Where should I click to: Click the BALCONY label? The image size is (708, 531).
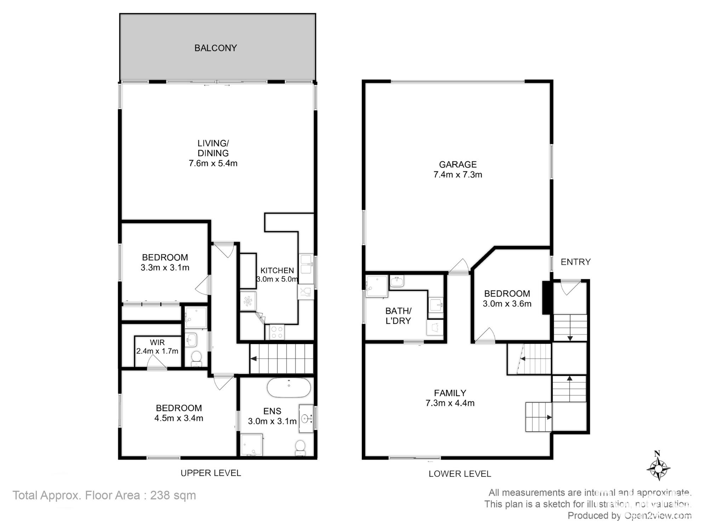pyautogui.click(x=216, y=48)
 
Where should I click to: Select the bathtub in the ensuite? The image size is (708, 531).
pyautogui.click(x=289, y=388)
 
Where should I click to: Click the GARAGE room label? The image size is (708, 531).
pyautogui.click(x=458, y=164)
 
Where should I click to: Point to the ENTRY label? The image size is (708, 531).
pyautogui.click(x=576, y=262)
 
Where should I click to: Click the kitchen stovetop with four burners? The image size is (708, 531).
pyautogui.click(x=276, y=332)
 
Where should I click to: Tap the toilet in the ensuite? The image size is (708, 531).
pyautogui.click(x=300, y=448)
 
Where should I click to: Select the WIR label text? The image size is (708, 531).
pyautogui.click(x=157, y=342)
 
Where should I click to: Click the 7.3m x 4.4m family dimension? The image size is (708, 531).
pyautogui.click(x=450, y=403)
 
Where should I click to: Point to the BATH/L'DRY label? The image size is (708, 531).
pyautogui.click(x=398, y=316)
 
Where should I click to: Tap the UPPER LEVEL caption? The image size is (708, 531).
pyautogui.click(x=211, y=473)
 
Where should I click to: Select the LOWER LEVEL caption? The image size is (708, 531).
pyautogui.click(x=460, y=474)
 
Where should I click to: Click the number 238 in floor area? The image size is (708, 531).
pyautogui.click(x=160, y=495)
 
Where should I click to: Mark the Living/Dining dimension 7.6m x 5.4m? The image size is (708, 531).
pyautogui.click(x=213, y=163)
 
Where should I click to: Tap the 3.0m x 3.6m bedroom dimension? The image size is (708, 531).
pyautogui.click(x=507, y=303)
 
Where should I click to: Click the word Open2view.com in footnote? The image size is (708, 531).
pyautogui.click(x=658, y=515)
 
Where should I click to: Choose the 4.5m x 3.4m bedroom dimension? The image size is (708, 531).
pyautogui.click(x=179, y=418)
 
